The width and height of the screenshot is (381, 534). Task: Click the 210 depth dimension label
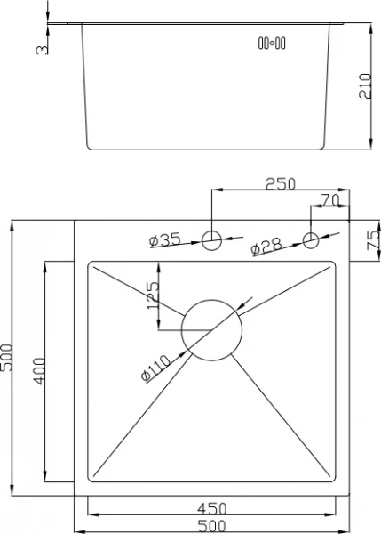click(365, 85)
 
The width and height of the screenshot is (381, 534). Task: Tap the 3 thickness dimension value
click(42, 50)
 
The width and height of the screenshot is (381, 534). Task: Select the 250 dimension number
click(281, 183)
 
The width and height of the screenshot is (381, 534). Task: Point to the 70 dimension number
click(330, 200)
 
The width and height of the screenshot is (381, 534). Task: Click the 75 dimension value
click(374, 240)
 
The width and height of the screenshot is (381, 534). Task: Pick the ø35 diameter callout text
click(165, 239)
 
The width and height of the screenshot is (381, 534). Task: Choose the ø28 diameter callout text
click(266, 246)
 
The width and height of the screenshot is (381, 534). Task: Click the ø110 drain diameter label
click(155, 368)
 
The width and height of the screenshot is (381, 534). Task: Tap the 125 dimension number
click(153, 295)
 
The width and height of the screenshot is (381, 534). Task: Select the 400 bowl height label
click(39, 371)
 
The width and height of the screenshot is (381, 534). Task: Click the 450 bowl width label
click(211, 509)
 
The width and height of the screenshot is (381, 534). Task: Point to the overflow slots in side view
click(272, 44)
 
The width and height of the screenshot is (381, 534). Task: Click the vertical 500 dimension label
click(6, 358)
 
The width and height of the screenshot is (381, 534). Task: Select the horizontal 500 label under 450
click(211, 526)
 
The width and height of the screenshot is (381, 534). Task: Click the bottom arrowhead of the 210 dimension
click(371, 142)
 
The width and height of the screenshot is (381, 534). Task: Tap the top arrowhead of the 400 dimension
click(45, 268)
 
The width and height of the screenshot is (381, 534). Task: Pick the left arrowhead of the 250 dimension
click(218, 190)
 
